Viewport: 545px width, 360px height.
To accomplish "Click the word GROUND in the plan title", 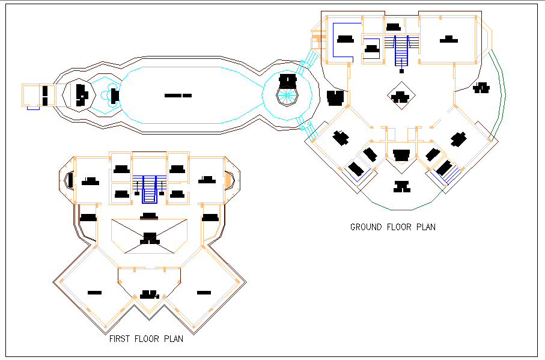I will coord(366,227).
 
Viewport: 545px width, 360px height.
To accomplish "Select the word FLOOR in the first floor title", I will coord(150,339).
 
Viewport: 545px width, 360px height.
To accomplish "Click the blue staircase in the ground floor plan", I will coord(401,50).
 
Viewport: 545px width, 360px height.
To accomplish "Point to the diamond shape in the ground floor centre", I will coord(400,97).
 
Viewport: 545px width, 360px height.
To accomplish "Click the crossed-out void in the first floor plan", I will coord(150,236).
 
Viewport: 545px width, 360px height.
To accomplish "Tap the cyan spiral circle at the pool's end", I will coord(288,96).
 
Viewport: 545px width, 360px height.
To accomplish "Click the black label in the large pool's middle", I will coord(178,96).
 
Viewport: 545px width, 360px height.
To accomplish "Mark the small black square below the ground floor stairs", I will coord(401,71).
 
